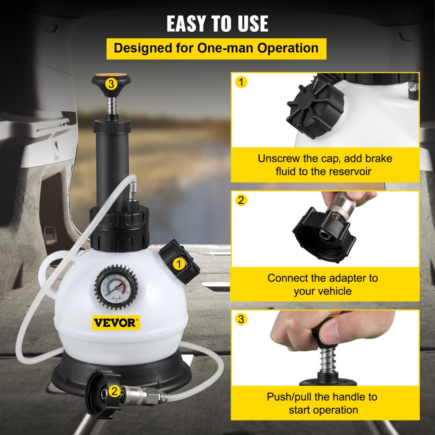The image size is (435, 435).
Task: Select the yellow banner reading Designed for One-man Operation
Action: (216, 48)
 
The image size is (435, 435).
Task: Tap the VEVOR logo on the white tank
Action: (116, 323)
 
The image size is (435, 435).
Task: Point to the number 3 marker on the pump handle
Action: (111, 84)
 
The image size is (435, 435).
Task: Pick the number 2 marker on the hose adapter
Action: (114, 391)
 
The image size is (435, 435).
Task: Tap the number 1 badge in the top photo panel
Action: (241, 82)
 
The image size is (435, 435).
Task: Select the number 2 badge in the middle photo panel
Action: (241, 200)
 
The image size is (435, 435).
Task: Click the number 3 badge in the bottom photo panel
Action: (241, 320)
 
